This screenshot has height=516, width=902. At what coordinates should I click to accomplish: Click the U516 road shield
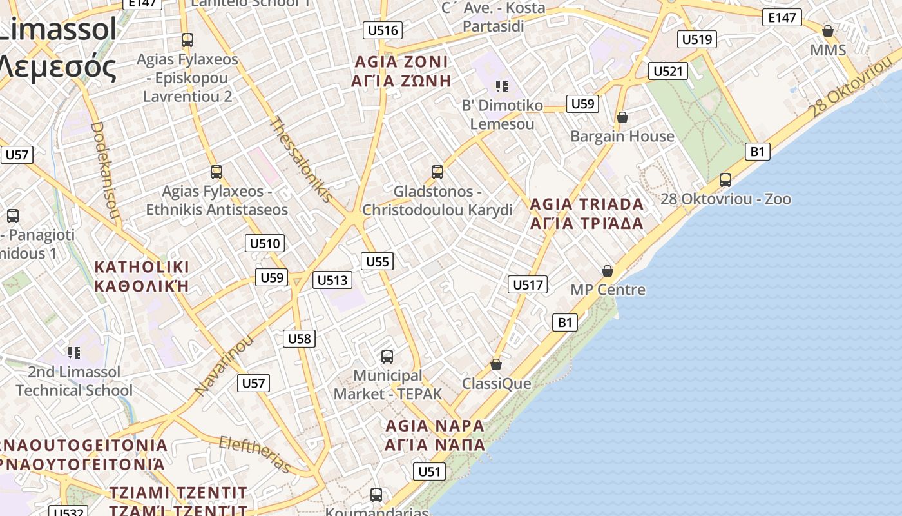click(x=383, y=30)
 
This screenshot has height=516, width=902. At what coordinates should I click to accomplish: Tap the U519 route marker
click(x=697, y=39)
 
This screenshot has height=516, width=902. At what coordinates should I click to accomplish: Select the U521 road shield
click(x=667, y=71)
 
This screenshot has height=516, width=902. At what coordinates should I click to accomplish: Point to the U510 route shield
click(x=265, y=243)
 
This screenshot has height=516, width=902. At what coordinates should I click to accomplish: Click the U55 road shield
click(x=377, y=261)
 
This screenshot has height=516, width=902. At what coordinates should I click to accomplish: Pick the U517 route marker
click(x=528, y=284)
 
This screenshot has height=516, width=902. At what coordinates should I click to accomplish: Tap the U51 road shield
click(x=428, y=471)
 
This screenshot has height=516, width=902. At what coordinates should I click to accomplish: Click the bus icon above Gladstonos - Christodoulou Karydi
click(x=437, y=172)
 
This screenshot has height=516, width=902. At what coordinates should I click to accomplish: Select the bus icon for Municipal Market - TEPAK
click(x=387, y=356)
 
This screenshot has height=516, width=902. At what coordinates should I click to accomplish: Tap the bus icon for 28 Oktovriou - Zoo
click(x=725, y=180)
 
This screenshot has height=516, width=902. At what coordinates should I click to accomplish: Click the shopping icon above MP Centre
click(x=608, y=271)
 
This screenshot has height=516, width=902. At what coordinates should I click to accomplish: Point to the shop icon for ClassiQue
click(x=496, y=365)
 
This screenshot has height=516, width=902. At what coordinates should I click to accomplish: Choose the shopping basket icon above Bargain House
click(x=622, y=117)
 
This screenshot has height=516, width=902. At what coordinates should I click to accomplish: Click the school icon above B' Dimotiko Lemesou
click(x=502, y=86)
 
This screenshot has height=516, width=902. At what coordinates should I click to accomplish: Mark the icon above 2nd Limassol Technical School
click(x=74, y=353)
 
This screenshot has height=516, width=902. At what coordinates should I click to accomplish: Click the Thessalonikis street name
click(x=301, y=159)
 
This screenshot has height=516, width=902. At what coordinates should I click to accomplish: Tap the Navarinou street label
click(x=224, y=365)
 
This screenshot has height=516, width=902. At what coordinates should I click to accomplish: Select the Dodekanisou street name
click(x=106, y=171)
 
